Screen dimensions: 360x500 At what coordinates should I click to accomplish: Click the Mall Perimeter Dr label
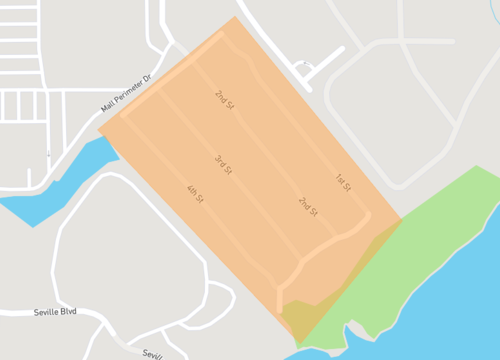(x=125, y=93)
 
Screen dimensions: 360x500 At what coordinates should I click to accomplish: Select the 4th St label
(x=194, y=194)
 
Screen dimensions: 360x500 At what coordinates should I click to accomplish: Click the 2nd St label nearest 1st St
(x=308, y=207)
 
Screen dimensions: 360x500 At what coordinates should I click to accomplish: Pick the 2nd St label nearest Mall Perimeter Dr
(x=223, y=99)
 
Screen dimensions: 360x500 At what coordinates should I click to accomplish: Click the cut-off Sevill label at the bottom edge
(x=151, y=355)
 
